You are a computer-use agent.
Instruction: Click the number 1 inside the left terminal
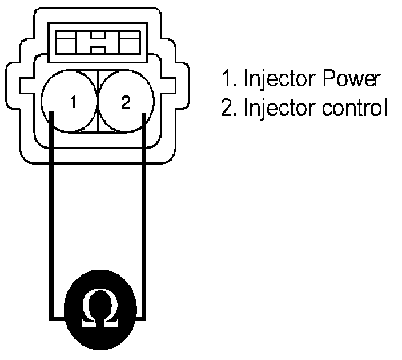tap(73, 103)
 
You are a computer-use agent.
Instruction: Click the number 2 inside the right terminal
tap(126, 103)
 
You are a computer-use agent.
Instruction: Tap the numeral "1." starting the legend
tap(230, 80)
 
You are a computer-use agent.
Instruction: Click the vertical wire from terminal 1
tap(51, 217)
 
